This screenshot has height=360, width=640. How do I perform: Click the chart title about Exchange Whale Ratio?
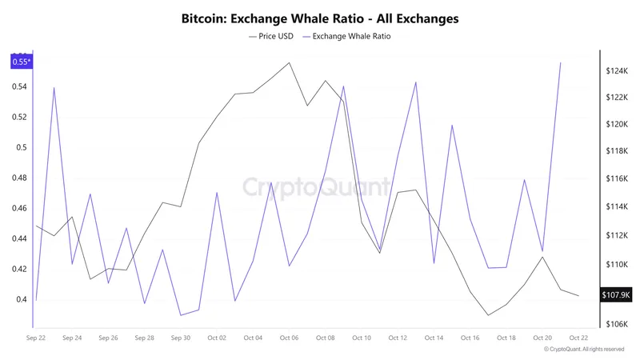pos(320,18)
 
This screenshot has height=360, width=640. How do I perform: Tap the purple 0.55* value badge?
pos(22,62)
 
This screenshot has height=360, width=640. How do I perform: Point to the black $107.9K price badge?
pos(616,295)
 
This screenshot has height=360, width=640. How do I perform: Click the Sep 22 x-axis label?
pos(36,338)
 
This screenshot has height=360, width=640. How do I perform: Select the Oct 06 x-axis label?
pos(289,338)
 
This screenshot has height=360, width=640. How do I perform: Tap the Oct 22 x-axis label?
pos(578,338)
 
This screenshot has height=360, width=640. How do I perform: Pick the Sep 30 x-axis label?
pos(180,338)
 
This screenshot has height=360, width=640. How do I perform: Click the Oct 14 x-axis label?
pos(434,338)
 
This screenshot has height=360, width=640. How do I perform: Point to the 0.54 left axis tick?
pos(19,86)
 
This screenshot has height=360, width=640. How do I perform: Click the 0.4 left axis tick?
pos(22,300)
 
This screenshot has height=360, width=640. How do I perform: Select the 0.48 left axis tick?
pos(19,178)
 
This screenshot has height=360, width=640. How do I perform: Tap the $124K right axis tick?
pos(616,71)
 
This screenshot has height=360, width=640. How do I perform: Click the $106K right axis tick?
pos(616,324)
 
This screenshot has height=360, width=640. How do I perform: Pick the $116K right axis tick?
pos(616,179)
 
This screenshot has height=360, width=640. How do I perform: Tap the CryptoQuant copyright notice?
pos(585,350)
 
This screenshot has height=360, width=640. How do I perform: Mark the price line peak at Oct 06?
pos(289,62)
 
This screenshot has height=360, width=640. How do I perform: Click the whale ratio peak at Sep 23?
pos(54,88)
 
